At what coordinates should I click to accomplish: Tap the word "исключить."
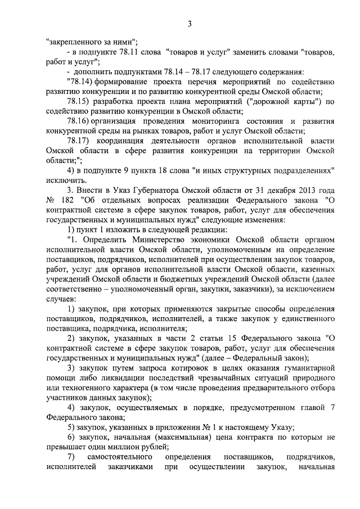(x=66, y=180)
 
